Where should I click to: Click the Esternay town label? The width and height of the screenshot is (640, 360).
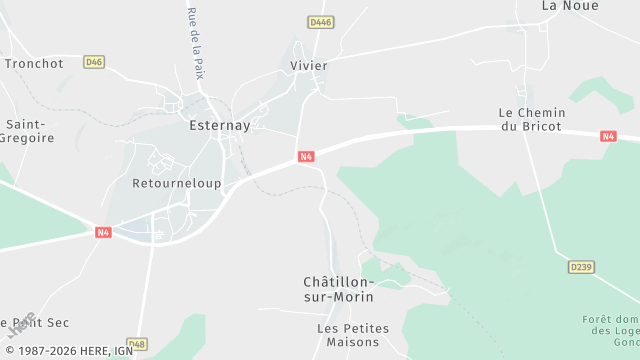(219, 126)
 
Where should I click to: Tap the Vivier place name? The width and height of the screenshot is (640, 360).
(308, 65)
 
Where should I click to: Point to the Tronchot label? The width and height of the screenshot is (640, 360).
(34, 63)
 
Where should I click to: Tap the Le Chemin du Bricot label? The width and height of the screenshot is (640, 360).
(532, 120)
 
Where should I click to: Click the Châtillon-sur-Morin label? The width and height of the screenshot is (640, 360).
(338, 289)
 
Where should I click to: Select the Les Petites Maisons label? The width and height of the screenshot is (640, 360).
(348, 335)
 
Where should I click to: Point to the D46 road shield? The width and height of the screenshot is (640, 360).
(94, 62)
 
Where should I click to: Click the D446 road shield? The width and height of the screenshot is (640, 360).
(320, 21)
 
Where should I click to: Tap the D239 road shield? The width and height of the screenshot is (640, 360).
(580, 267)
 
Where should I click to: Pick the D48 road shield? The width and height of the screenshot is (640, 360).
(137, 344)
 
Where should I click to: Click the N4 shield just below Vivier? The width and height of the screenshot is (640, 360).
(306, 156)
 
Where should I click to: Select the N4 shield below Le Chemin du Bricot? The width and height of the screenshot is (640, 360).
(608, 136)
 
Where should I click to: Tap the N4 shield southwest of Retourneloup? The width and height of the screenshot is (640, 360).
(103, 232)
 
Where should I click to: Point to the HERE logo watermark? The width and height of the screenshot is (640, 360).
(22, 326)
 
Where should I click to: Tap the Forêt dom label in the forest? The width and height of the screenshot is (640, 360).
(610, 325)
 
